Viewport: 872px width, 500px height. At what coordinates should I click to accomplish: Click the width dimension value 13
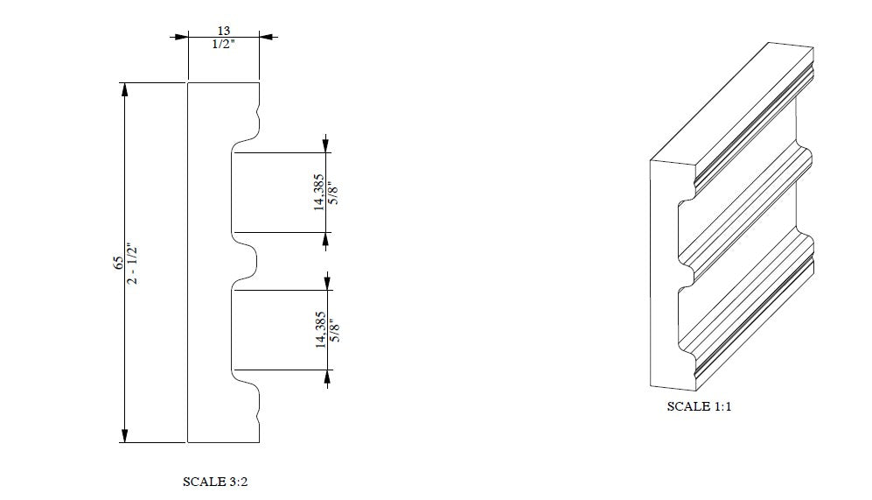[x=224, y=31]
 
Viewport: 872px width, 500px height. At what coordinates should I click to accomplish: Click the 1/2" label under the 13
[x=224, y=44]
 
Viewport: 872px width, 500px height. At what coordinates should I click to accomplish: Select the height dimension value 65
[x=118, y=263]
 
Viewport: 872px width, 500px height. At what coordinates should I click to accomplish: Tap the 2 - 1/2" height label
[x=133, y=263]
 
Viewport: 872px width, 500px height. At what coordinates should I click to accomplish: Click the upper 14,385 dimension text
[x=319, y=193]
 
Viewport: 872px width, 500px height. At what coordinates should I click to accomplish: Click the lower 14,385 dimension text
[x=319, y=329]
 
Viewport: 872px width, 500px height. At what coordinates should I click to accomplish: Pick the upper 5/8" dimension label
[x=332, y=193]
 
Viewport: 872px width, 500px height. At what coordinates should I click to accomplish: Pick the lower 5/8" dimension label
[x=332, y=330]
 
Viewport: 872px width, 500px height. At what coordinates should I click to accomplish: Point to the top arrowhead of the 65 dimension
[x=124, y=88]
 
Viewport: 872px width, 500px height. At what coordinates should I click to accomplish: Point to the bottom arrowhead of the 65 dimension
[x=124, y=435]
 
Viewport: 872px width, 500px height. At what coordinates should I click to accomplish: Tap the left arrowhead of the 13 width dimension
[x=182, y=37]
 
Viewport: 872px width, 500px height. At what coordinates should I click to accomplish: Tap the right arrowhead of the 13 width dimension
[x=266, y=37]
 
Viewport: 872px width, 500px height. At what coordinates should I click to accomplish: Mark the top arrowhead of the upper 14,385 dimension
[x=325, y=145]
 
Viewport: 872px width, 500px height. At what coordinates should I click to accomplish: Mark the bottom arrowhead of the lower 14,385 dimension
[x=326, y=377]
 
